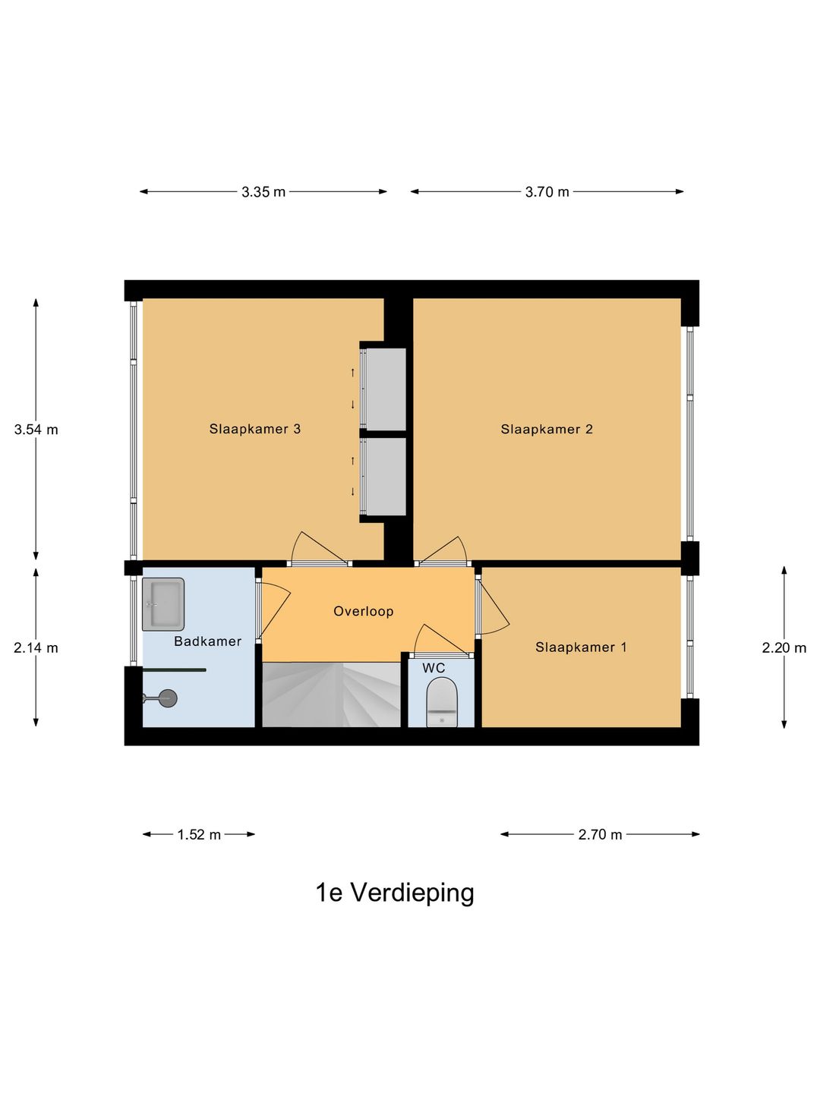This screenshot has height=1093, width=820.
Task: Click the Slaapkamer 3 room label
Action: tap(255, 429)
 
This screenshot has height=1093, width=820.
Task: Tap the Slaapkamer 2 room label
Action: tap(547, 429)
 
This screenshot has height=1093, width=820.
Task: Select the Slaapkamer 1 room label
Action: tap(581, 647)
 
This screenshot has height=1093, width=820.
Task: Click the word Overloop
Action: tap(364, 611)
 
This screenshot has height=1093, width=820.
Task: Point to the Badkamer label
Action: tap(207, 641)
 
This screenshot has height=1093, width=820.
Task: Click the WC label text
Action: tap(434, 668)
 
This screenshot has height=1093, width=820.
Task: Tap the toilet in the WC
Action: tap(442, 702)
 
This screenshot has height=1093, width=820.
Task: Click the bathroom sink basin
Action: tap(163, 604)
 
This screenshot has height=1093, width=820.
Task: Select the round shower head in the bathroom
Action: tap(168, 698)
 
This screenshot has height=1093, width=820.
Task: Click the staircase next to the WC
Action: tap(331, 695)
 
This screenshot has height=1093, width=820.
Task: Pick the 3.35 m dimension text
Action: tap(263, 192)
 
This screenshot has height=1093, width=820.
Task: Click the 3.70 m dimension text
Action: tap(547, 192)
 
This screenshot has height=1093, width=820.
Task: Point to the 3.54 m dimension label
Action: tap(36, 430)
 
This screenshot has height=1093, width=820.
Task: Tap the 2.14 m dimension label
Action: tap(36, 648)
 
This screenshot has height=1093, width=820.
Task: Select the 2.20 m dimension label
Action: tap(784, 648)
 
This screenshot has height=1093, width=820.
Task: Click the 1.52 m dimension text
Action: tap(199, 835)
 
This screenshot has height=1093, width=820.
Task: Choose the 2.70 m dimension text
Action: tap(600, 835)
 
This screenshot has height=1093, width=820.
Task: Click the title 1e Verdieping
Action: tap(395, 893)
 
